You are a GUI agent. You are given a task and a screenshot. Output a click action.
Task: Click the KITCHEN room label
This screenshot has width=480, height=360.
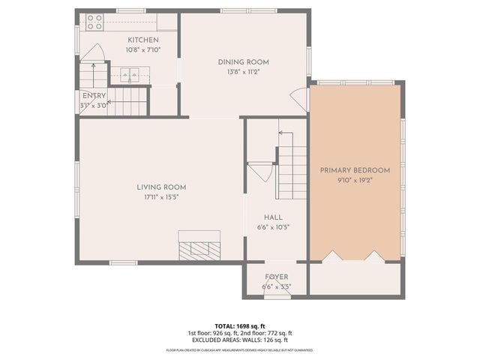pos(142,40)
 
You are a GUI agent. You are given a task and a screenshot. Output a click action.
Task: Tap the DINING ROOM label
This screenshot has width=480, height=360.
pos(243,62)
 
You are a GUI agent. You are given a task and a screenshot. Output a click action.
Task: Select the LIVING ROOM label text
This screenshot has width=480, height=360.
pos(161,187)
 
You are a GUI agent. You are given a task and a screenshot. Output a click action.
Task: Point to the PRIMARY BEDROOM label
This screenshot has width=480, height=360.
pos(355,170)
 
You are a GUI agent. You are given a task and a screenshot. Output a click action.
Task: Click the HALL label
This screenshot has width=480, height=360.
pos(262,217)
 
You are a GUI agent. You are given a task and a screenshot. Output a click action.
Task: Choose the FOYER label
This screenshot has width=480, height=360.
pos(276,277)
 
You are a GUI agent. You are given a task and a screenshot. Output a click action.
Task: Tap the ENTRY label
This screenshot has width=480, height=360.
pos(94,96)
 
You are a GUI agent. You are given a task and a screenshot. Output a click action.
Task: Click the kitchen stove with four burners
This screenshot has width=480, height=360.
pos(94,22)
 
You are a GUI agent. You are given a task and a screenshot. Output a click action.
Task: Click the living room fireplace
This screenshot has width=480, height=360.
pos(199,248)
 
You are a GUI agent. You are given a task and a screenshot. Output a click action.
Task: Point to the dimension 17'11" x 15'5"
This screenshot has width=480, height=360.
pos(161,197)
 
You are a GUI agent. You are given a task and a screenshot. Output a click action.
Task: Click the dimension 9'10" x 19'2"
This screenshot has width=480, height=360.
pos(355,180)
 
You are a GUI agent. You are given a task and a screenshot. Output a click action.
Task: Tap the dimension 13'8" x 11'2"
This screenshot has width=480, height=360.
pos(243,72)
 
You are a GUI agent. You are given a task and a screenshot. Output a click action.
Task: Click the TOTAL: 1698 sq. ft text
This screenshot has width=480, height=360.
pos(239,326)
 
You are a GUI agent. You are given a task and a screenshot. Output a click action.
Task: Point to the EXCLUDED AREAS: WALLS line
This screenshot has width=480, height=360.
pos(239,340)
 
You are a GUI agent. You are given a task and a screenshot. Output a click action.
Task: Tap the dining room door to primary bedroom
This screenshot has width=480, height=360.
pos(301,98)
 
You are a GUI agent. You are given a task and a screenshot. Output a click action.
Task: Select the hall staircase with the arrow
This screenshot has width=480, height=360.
pos(291,169)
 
